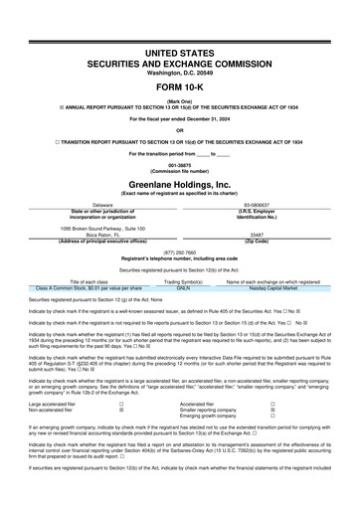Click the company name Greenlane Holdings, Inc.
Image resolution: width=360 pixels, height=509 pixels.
click(179, 183)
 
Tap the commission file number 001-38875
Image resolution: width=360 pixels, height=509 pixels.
click(179, 165)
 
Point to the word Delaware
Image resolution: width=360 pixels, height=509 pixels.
click(90, 206)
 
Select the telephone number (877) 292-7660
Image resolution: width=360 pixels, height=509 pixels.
click(179, 252)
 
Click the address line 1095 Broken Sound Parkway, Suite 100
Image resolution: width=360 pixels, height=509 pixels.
click(90, 228)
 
